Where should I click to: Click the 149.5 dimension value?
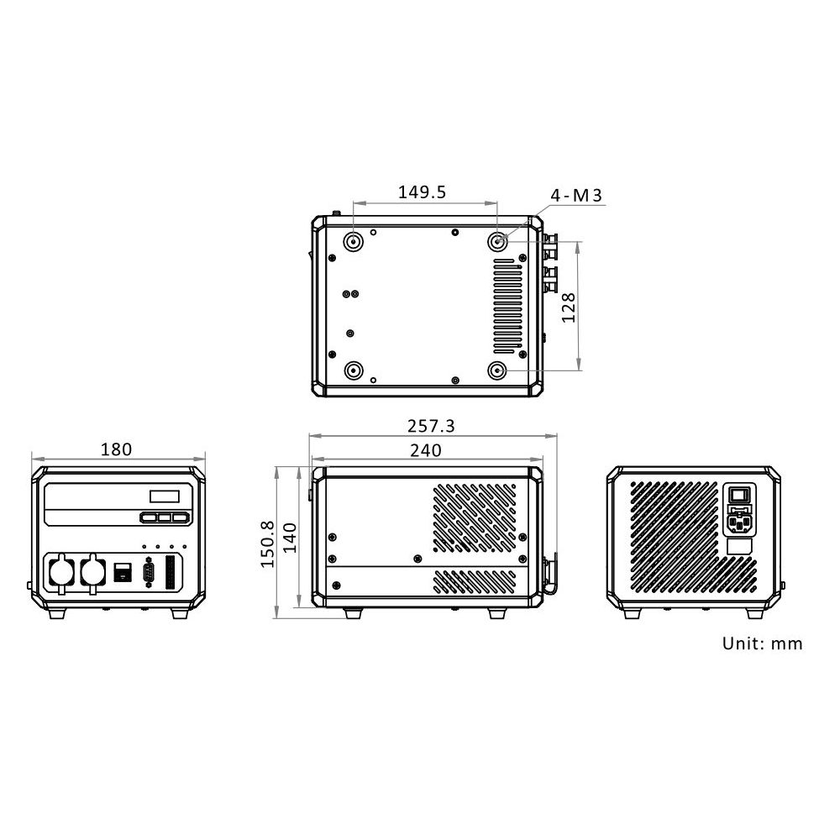click(x=422, y=192)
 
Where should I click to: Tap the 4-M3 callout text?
click(x=576, y=196)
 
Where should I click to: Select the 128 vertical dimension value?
click(x=569, y=307)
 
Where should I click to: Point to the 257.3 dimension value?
click(x=431, y=426)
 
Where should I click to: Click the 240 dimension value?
click(x=426, y=450)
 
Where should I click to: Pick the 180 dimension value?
click(x=116, y=449)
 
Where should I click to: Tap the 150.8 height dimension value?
click(x=267, y=544)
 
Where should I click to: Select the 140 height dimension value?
click(x=289, y=538)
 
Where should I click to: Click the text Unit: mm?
click(x=763, y=643)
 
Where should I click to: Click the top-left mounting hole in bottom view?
click(x=354, y=242)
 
